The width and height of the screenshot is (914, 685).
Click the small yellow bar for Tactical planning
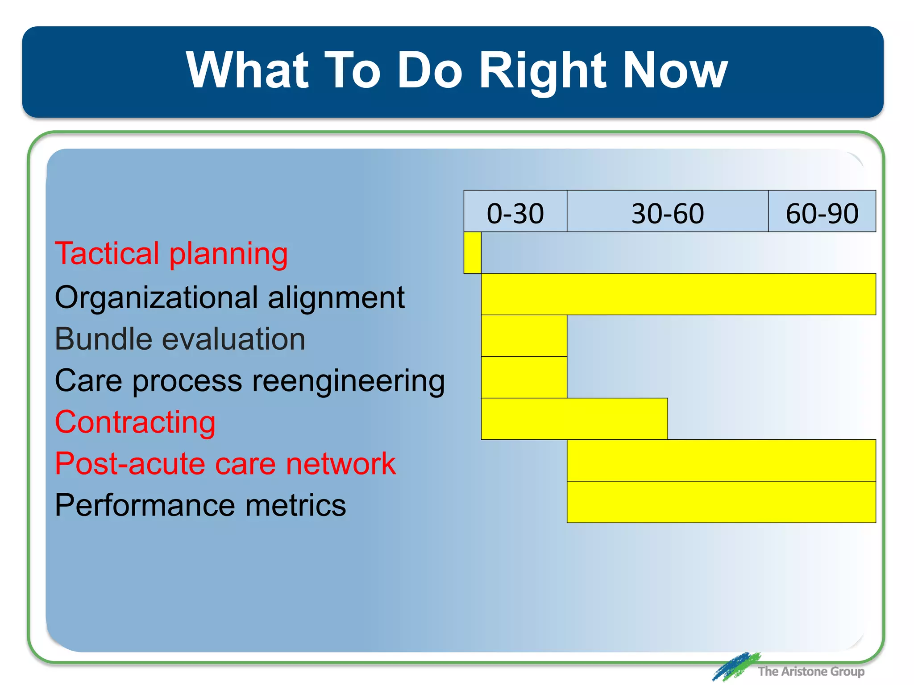[x=472, y=252]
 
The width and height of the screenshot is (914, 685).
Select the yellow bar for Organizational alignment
[x=678, y=294]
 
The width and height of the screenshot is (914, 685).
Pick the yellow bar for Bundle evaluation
[x=524, y=336]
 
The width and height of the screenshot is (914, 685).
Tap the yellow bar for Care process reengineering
[x=524, y=377]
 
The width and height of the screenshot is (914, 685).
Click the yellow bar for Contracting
[x=574, y=419]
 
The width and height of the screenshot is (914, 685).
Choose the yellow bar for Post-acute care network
[x=721, y=460]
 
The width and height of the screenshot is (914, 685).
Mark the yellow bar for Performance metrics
[x=721, y=502]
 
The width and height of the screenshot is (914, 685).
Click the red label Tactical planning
[x=171, y=254]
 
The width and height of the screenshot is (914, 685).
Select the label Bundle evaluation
[x=180, y=339]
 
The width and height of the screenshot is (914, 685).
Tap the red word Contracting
[x=135, y=422]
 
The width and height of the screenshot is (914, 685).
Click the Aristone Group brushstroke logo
[x=735, y=667]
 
